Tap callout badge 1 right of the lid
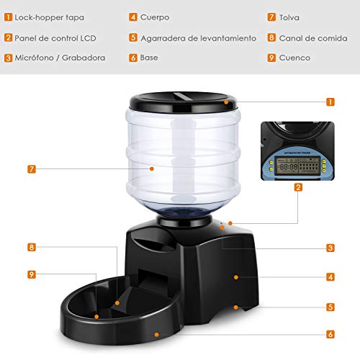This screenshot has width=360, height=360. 330,102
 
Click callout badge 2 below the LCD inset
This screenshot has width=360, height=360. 298,187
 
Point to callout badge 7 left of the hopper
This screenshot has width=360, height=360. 31,169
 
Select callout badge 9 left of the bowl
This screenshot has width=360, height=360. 31,274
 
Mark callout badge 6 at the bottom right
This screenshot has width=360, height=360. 330,334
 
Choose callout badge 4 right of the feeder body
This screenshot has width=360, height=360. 330,276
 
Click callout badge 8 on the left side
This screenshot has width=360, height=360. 31,247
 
